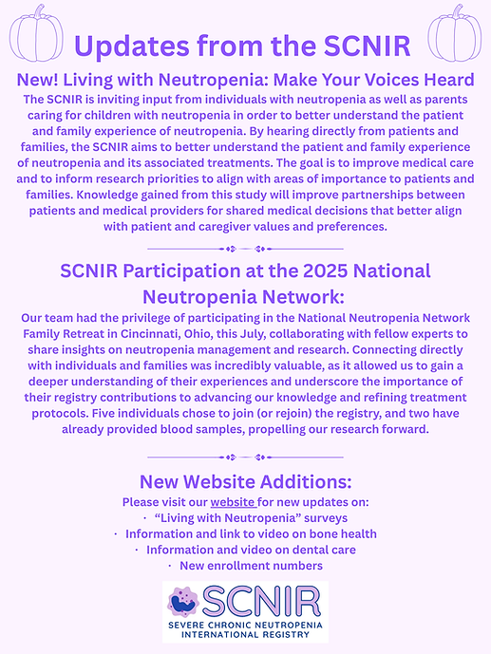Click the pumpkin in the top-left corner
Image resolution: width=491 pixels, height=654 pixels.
point(35,34)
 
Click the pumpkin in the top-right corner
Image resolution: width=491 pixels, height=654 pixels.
point(454,34)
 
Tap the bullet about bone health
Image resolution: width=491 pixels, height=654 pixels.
point(245,533)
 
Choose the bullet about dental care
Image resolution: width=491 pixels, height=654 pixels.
point(245,550)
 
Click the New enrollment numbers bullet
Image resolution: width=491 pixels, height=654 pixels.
point(245,566)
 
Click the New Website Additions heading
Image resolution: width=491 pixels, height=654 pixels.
point(245,481)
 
